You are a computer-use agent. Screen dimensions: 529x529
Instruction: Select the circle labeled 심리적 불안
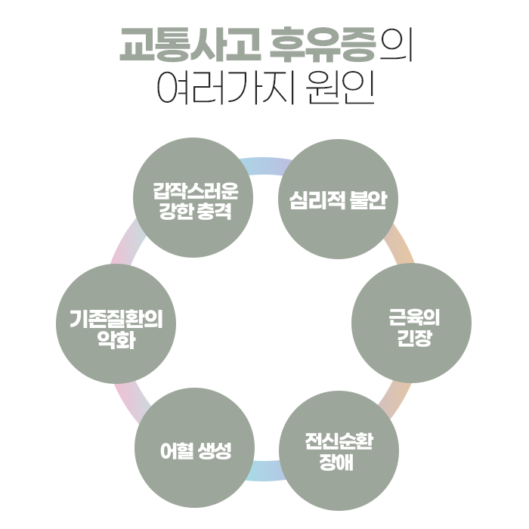(x=338, y=198)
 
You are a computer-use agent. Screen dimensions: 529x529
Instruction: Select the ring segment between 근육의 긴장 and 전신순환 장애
(x=397, y=397)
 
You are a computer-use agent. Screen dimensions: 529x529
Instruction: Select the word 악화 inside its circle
(x=117, y=339)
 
